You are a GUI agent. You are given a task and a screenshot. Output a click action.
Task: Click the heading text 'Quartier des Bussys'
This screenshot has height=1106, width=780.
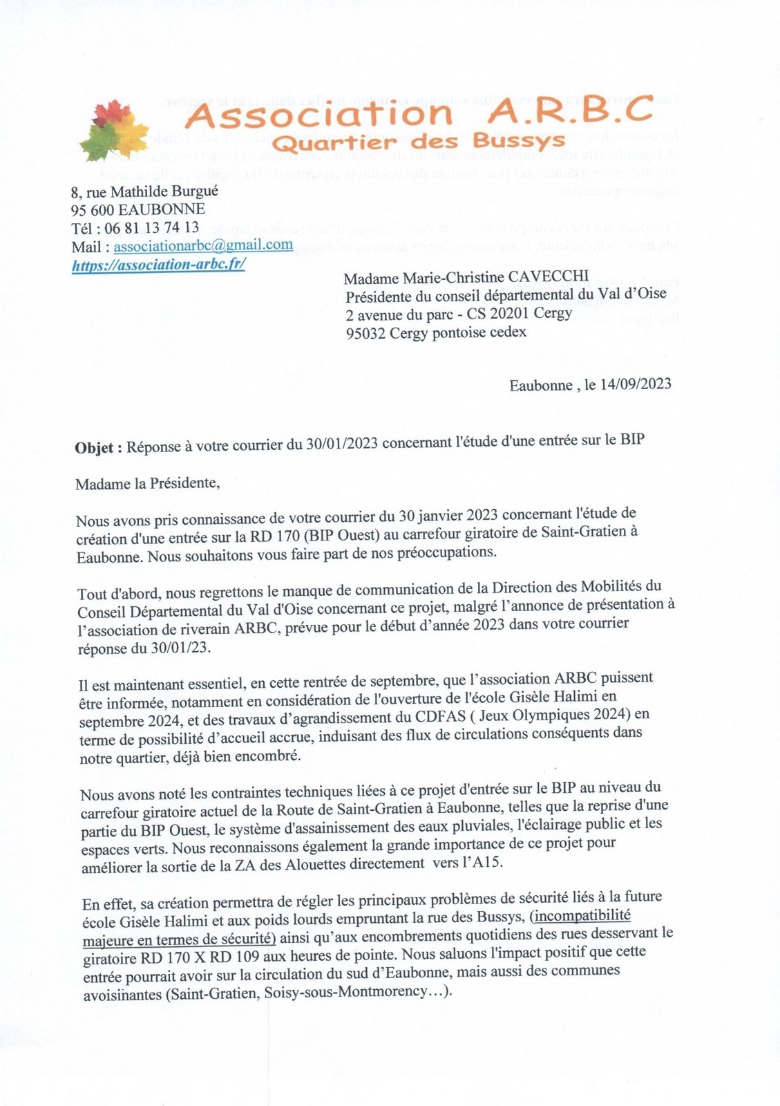point(417,142)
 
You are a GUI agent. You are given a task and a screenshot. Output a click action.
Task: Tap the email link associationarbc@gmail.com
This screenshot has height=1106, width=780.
point(203,245)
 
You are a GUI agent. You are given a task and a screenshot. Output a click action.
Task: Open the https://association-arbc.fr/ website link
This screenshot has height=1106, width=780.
point(158,265)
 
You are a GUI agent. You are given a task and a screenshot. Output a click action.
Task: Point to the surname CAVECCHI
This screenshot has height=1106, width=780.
point(549,276)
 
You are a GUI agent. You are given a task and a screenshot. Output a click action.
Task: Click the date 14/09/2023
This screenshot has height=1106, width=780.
point(636,384)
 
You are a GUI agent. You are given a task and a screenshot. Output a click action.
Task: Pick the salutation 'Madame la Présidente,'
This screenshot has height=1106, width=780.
point(147,483)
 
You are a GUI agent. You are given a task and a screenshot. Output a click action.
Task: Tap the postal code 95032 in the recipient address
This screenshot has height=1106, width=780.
point(365,332)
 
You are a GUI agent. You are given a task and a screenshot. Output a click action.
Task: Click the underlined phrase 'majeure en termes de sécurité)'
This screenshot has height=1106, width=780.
point(179,939)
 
